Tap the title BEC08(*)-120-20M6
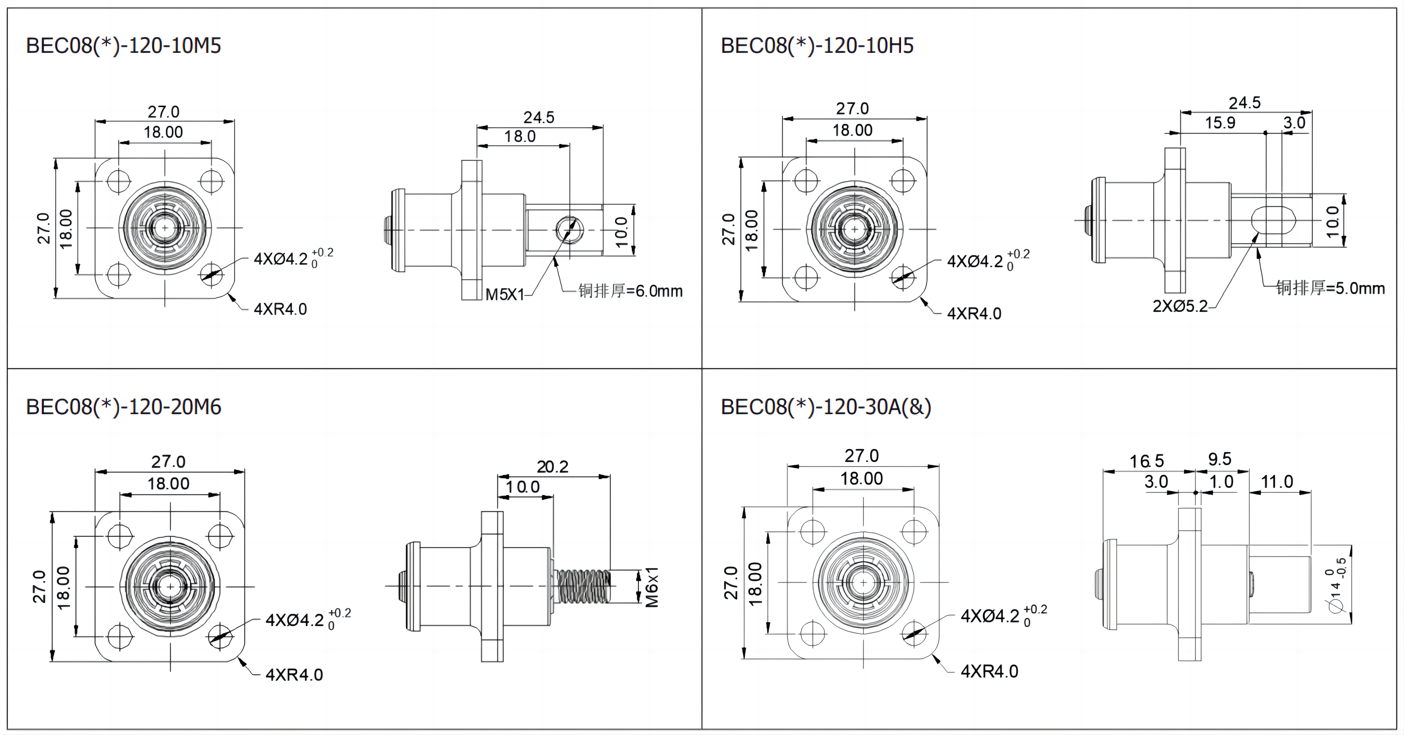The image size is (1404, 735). click(x=124, y=407)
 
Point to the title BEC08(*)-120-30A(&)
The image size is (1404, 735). click(x=826, y=407)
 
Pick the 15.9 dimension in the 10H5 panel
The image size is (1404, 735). click(x=1220, y=123)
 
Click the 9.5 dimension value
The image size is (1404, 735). click(x=1220, y=459)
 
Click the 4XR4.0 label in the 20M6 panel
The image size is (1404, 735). click(x=294, y=675)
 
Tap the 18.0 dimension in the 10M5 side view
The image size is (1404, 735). click(x=520, y=136)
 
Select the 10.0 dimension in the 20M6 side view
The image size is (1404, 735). click(x=523, y=487)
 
